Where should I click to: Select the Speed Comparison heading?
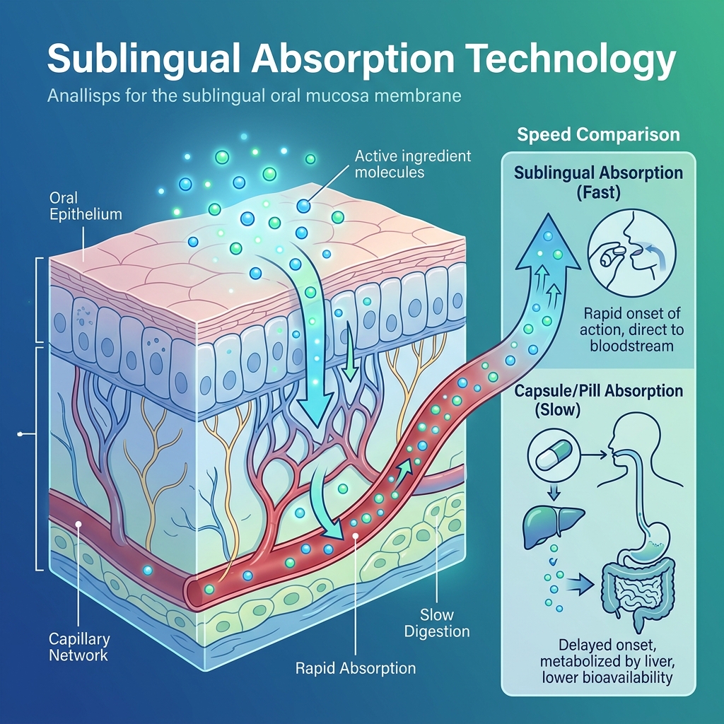[x=598, y=134]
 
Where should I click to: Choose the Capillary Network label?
[x=79, y=647]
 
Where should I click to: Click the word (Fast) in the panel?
[x=598, y=192]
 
